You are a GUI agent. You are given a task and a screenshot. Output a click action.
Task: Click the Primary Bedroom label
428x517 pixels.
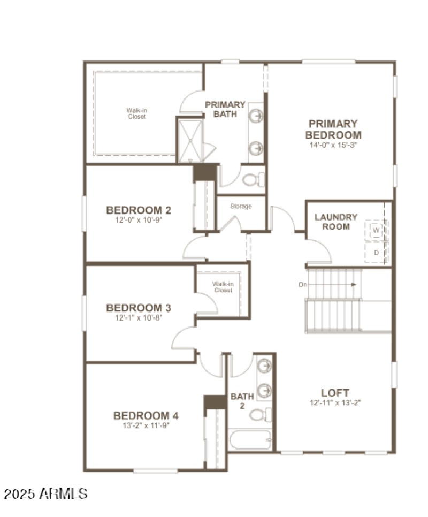333,129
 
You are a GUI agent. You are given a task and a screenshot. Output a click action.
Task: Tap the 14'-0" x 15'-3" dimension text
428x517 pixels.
333,145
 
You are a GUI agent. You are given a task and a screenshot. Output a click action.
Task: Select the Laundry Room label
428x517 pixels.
336,222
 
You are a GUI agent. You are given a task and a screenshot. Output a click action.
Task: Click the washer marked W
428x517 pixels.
376,230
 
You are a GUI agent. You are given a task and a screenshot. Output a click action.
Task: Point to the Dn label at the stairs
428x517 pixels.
303,285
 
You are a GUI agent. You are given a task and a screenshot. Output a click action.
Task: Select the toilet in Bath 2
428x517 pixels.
261,415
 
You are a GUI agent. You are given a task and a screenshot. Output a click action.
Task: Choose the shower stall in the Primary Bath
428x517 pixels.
190,141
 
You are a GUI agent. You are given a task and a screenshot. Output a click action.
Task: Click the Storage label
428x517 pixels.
241,206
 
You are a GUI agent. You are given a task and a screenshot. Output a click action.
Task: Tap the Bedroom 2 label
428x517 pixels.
139,209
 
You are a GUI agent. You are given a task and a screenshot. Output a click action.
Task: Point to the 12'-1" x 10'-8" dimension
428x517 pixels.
139,318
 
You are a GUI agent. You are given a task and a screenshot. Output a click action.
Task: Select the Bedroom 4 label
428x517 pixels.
146,415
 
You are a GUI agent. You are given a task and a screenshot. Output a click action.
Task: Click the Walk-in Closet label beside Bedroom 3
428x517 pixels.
222,287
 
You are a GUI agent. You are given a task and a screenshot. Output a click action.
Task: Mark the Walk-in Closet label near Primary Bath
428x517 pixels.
136,113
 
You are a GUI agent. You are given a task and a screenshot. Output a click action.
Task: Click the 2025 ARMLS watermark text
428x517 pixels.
45,493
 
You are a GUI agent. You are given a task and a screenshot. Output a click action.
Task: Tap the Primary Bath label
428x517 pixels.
225,109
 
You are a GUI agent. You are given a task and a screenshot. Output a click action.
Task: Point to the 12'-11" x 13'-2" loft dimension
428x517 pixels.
335,402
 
